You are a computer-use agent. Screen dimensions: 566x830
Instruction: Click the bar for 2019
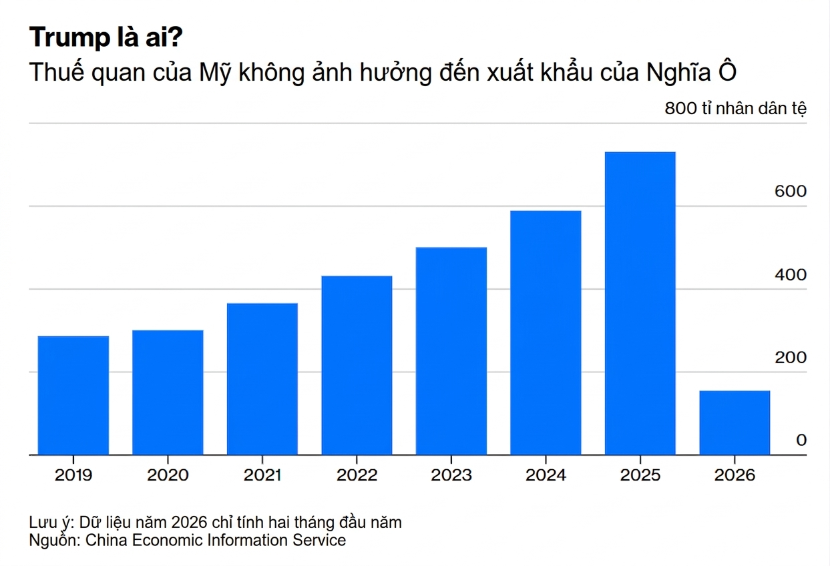pos(73,395)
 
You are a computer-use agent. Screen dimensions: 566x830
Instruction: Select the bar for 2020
pos(168,392)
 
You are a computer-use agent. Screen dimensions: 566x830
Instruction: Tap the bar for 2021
pos(262,379)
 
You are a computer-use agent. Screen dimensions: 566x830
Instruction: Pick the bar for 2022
pos(357,365)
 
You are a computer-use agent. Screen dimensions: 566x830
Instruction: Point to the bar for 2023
pos(451,351)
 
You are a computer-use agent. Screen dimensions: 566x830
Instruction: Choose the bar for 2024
pos(546,332)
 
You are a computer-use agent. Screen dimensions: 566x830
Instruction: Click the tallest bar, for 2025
pos(640,304)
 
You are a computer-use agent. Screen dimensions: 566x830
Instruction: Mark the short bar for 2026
pos(735,422)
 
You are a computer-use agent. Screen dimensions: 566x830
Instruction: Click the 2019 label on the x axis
pos(73,475)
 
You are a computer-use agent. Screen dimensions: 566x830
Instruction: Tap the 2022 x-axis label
pos(357,475)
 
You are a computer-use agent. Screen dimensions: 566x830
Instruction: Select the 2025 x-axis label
pos(640,475)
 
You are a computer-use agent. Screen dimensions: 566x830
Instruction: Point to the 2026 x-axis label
pos(735,475)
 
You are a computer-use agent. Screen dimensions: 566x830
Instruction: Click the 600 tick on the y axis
pos(791,192)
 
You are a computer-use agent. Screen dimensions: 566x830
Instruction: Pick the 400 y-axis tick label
pos(791,275)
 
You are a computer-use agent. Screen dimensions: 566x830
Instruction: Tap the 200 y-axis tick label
pos(791,358)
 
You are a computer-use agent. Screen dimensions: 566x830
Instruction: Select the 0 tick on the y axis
pos(801,441)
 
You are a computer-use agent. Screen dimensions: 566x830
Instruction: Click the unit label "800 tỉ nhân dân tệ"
pos(735,109)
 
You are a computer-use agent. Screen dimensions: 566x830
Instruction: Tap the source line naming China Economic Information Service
pos(188,540)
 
